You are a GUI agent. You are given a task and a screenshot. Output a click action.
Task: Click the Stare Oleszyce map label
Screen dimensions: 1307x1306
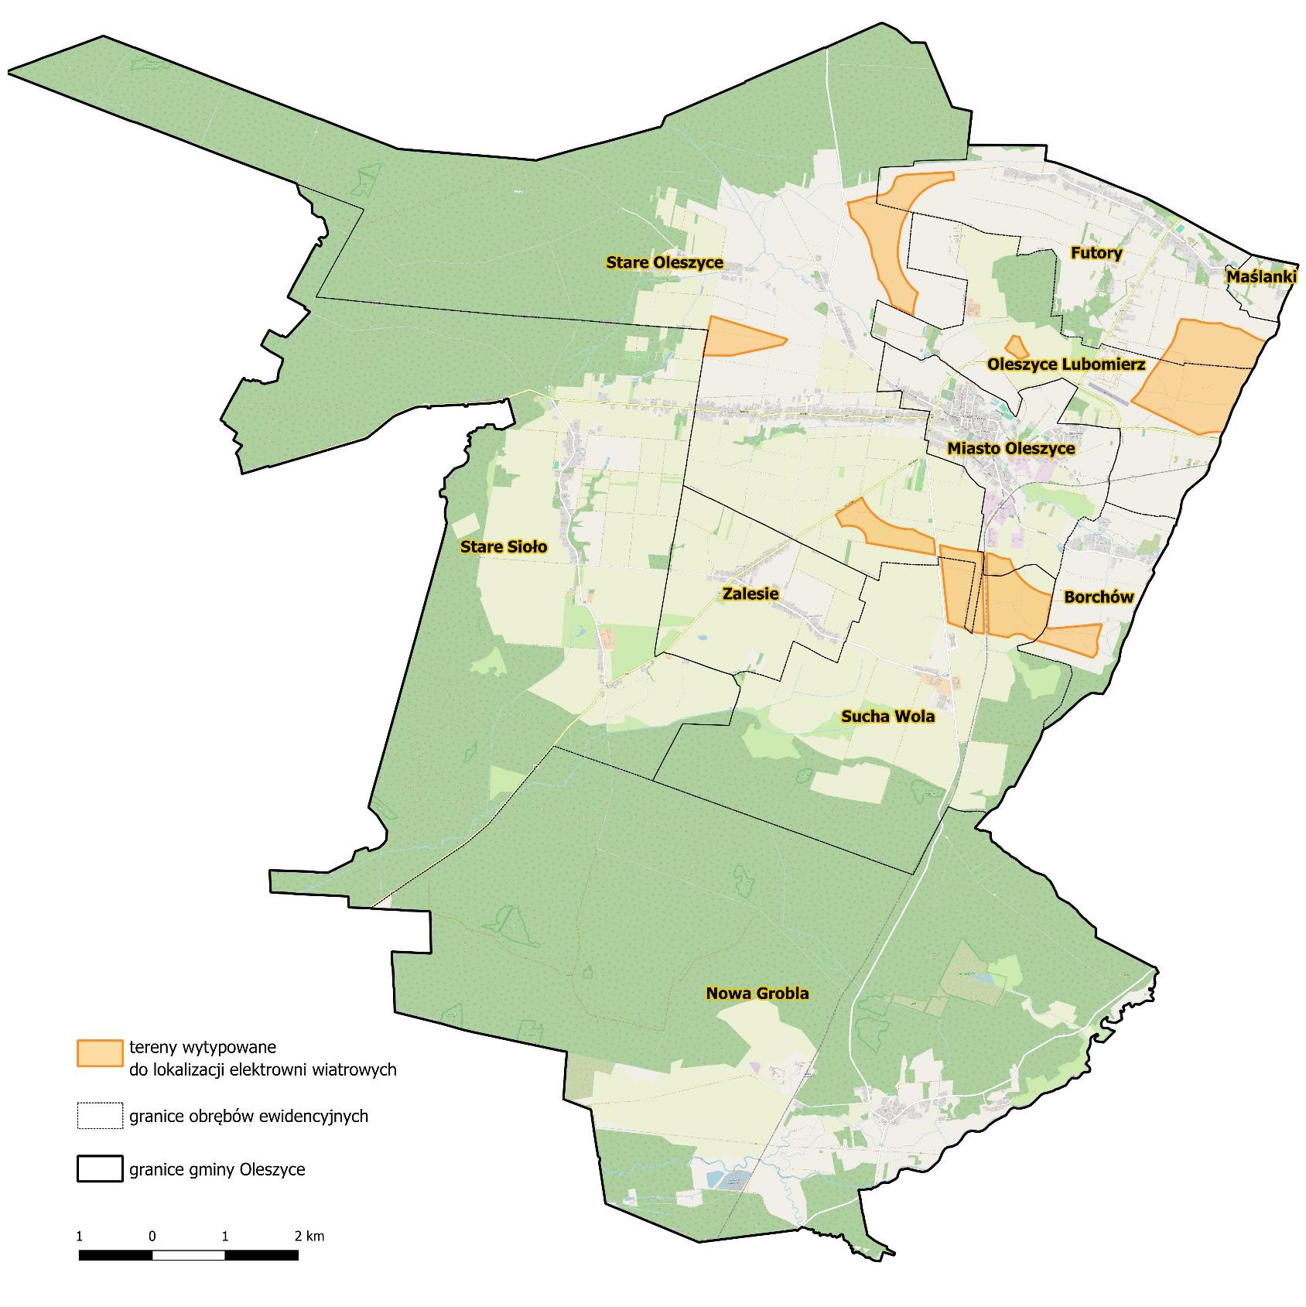coord(665,262)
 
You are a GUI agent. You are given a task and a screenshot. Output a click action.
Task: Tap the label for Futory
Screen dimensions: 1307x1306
coord(1096,253)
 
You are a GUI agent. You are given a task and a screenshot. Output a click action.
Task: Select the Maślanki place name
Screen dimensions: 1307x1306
coord(1261,276)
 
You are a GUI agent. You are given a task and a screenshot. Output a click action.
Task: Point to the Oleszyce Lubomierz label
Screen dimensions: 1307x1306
coord(1066,364)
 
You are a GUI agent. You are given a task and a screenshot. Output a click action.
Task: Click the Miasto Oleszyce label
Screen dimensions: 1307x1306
coord(1010,448)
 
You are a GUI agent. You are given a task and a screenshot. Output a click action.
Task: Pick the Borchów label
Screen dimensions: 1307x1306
coord(1099,597)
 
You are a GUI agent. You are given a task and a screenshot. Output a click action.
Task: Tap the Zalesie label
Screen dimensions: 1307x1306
coord(750,594)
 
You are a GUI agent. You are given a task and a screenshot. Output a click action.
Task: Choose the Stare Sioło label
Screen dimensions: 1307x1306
coord(504,547)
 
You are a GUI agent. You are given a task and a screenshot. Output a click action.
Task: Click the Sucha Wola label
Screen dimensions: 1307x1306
coord(887,717)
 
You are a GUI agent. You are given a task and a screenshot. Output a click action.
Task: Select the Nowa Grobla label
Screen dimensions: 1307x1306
coord(757,993)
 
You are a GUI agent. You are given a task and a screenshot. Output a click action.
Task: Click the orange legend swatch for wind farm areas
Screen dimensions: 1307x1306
coord(100,1053)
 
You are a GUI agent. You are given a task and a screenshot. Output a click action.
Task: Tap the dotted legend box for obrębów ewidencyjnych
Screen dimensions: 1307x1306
coord(100,1116)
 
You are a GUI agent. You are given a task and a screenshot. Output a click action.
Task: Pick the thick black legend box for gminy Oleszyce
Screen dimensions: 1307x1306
coord(100,1168)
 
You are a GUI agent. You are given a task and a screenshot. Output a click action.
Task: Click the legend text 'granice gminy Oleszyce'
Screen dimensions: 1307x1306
coord(217,1169)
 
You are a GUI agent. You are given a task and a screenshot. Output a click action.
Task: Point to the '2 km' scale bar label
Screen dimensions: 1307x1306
coord(309,1236)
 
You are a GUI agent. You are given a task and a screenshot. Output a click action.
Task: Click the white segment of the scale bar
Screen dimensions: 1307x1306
coord(188,1255)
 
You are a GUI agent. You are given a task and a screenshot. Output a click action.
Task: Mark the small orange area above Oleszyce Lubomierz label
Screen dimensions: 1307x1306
coord(1014,346)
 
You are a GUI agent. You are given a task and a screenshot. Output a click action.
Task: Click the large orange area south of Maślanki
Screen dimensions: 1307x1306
coord(1199,375)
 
